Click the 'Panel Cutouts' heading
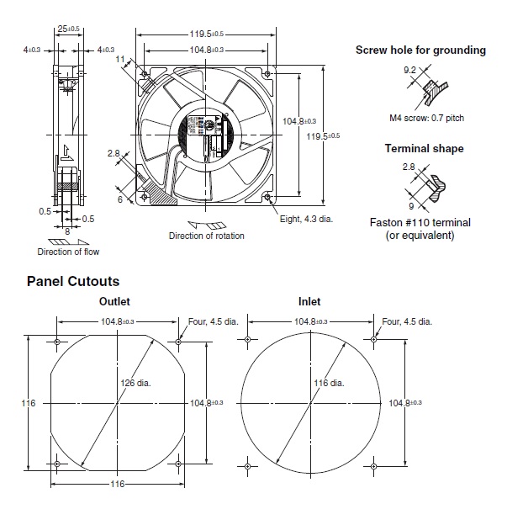(x=73, y=281)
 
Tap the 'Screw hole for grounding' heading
(x=420, y=50)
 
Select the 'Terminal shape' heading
(x=424, y=149)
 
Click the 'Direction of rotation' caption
(x=207, y=236)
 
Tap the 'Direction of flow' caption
(x=68, y=252)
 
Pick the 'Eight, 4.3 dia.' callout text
(x=311, y=219)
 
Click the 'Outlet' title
(x=115, y=301)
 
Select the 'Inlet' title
(x=309, y=301)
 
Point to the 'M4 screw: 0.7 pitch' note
(x=426, y=119)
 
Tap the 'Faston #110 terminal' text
(x=420, y=222)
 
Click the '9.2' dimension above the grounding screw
(x=410, y=71)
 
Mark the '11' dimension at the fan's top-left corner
(x=122, y=59)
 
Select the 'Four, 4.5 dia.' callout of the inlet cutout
(x=408, y=321)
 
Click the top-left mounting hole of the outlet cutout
(x=56, y=342)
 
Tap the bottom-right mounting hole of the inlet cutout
(x=372, y=464)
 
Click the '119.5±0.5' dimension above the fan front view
(x=206, y=34)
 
